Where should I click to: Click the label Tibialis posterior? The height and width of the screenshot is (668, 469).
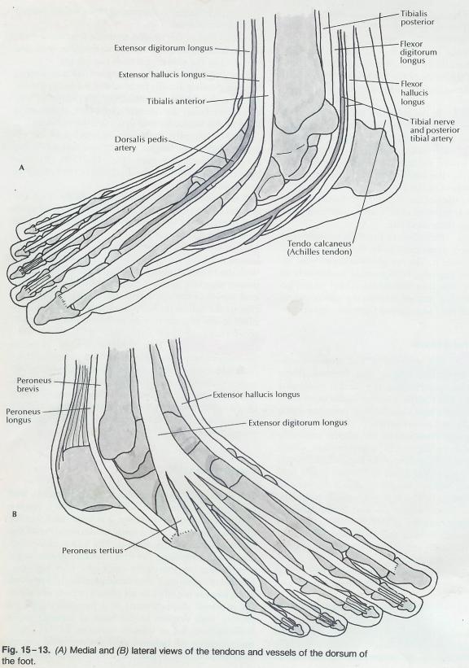point(418,18)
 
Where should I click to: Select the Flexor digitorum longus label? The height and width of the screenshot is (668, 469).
point(419,52)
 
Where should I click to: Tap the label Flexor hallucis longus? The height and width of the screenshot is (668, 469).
point(414,93)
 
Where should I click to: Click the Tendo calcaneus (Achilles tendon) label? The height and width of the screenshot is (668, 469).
point(320,248)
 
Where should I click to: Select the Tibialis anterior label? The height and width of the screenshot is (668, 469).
point(176,102)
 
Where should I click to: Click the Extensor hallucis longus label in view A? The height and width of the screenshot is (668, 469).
point(162,75)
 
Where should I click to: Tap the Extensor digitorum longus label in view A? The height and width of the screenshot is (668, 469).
point(164,48)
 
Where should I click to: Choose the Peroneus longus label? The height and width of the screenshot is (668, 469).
point(24,416)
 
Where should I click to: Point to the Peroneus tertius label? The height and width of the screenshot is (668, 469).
point(93,550)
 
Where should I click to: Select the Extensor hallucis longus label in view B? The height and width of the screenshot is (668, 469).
point(256,395)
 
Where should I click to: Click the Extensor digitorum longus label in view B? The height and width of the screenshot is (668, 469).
point(298,423)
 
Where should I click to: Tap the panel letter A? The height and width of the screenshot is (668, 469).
point(22,168)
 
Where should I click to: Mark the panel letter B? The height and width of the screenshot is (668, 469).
point(15,514)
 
